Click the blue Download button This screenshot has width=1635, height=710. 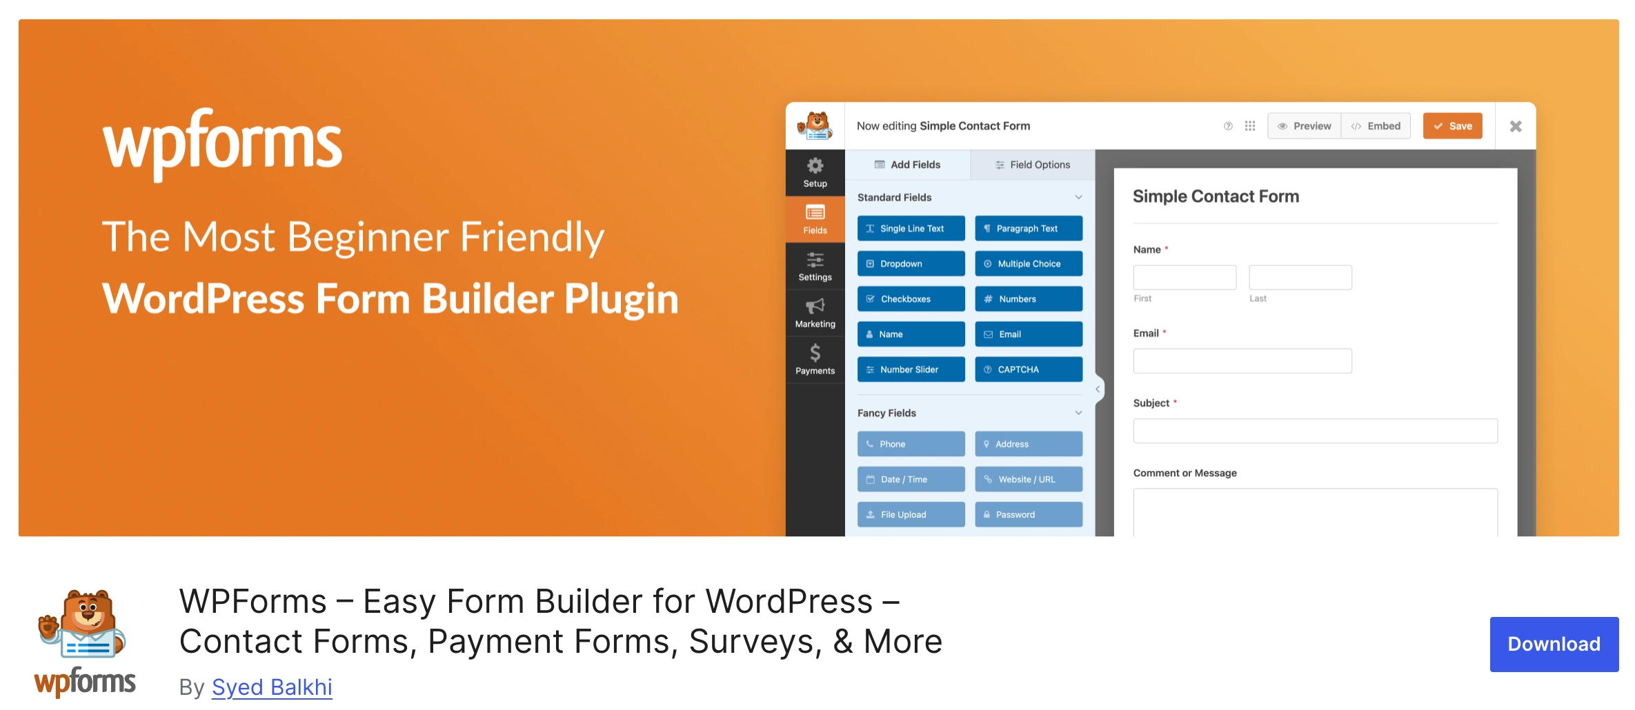[1554, 644]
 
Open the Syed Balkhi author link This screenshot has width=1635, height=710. [272, 687]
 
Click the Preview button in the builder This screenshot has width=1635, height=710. [1304, 126]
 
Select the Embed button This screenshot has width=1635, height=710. [1376, 126]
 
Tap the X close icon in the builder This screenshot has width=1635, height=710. [1515, 126]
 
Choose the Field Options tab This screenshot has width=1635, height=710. [1032, 165]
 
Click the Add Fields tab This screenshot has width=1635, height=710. [907, 165]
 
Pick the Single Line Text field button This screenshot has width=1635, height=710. [911, 229]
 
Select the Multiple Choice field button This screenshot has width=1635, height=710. [1028, 264]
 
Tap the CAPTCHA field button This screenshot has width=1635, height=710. [1028, 369]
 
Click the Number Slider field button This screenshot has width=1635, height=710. [911, 369]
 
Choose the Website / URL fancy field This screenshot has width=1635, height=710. [1028, 479]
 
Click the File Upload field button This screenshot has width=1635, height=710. [911, 514]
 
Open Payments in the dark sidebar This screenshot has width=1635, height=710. [815, 360]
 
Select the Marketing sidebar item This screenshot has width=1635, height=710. [815, 313]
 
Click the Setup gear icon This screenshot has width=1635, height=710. [815, 166]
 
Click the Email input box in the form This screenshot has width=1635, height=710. [1242, 361]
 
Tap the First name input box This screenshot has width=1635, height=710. [1185, 277]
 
